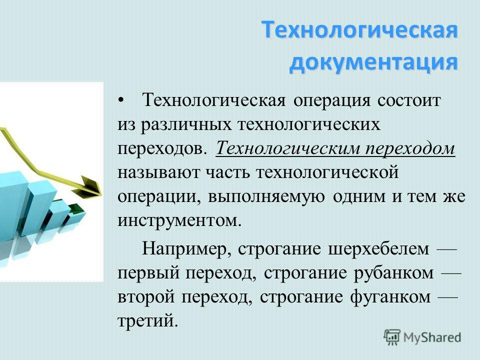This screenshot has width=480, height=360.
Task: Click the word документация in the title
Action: (x=373, y=63)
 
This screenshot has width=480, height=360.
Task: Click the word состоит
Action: (x=409, y=100)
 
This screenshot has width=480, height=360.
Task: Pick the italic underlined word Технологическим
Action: (x=287, y=149)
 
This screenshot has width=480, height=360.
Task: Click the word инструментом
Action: (x=177, y=221)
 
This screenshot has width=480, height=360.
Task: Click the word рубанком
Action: (x=393, y=273)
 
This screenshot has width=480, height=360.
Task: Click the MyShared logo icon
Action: (x=392, y=337)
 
